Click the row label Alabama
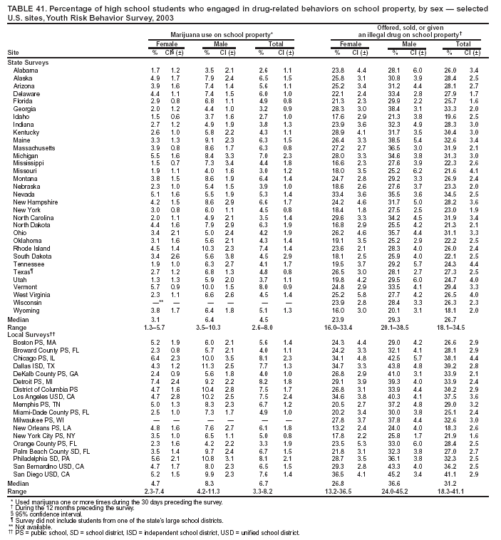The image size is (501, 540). click(25, 70)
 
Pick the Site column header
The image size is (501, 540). click(12, 52)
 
